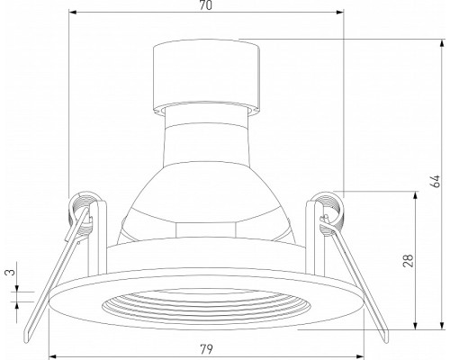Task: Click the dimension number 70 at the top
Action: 206,5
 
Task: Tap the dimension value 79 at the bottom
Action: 206,349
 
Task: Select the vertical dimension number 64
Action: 435,181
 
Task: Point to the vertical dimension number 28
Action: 409,260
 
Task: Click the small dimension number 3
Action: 10,272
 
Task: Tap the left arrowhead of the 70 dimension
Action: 73,13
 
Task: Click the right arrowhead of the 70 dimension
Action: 340,13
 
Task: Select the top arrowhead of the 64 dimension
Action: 442,43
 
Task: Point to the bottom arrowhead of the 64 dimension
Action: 442,325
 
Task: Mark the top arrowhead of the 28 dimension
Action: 416,195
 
